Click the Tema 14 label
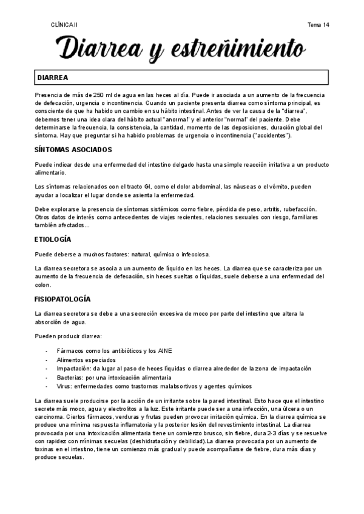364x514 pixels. (318, 25)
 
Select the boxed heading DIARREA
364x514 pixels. (53, 78)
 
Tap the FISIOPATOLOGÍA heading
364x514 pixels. (63, 299)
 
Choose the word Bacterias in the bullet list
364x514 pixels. (70, 377)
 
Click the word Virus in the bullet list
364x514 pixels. (64, 386)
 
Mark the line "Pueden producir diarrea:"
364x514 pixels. (67, 336)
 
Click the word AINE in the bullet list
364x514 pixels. (164, 351)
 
